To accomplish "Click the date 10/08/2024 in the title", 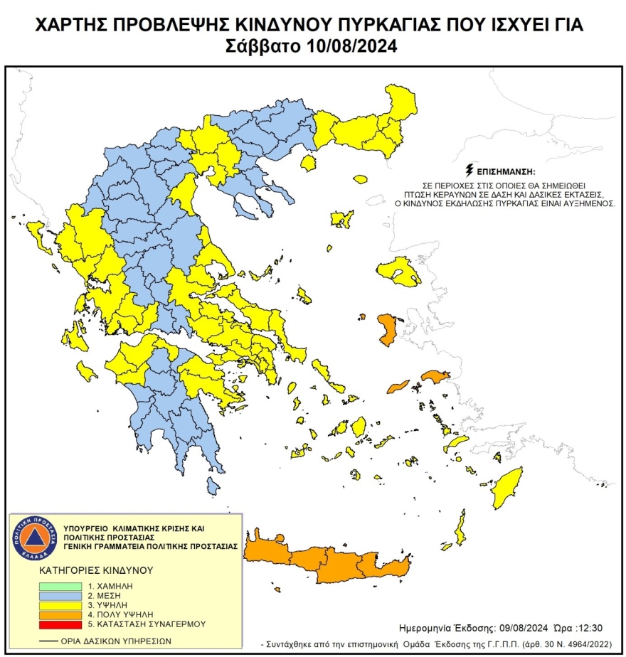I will [345, 48].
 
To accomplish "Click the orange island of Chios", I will [388, 330].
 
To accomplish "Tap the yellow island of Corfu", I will [39, 235].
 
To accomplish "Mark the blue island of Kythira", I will [213, 486].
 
